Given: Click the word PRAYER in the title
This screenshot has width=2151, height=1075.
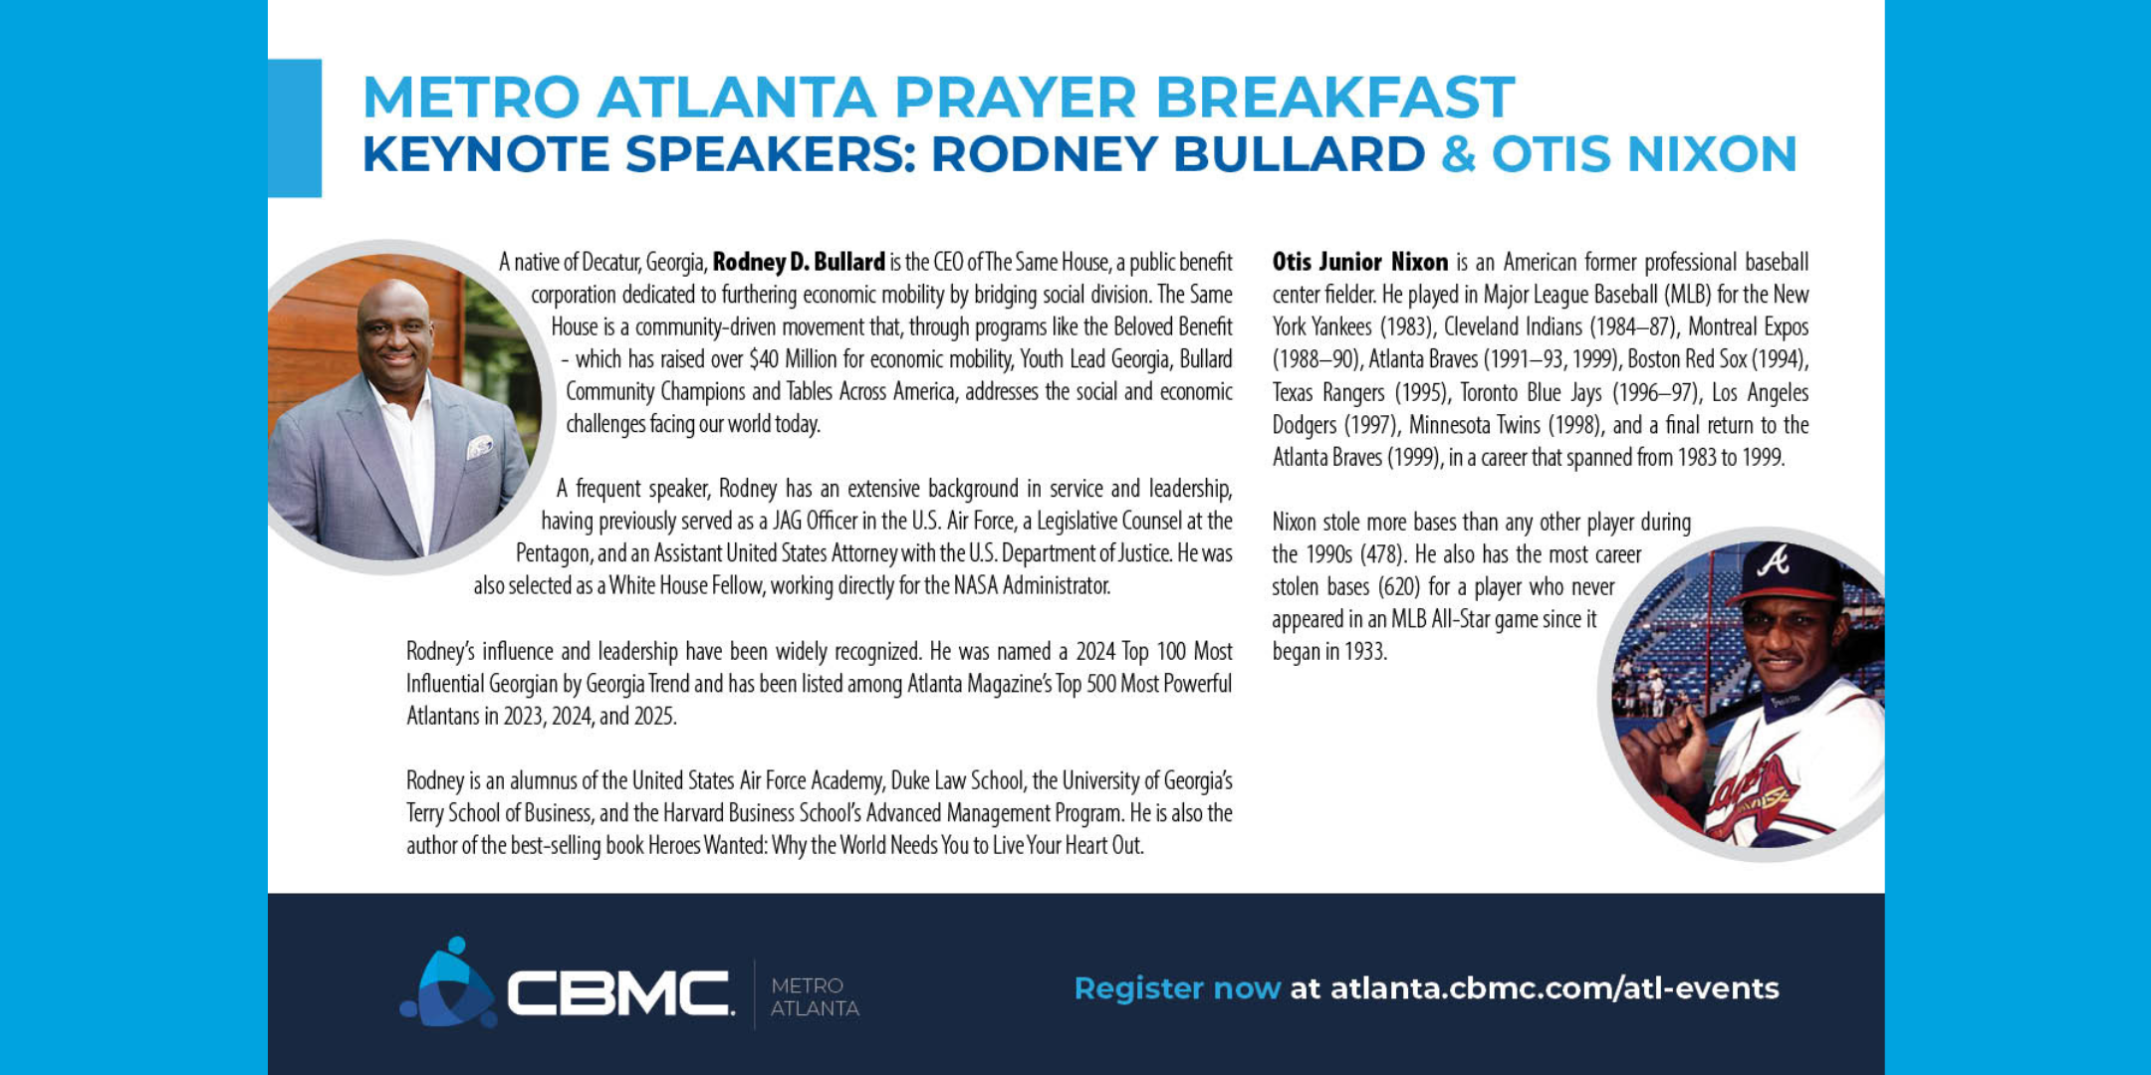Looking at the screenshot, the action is click(1015, 97).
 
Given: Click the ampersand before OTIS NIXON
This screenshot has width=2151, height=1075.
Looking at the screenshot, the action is click(1458, 154).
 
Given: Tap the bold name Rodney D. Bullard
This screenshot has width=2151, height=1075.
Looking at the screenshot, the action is click(799, 262).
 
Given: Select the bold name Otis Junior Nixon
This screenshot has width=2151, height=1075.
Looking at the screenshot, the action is click(1359, 262).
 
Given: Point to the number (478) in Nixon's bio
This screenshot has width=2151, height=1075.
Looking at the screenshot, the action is click(1381, 554).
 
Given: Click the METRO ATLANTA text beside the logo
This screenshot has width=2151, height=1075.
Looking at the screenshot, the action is click(815, 996).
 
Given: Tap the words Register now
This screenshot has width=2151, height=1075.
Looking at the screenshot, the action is click(1177, 988).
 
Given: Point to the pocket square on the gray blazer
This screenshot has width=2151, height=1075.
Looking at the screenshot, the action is click(480, 447).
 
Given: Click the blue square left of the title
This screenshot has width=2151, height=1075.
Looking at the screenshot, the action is click(295, 127).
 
